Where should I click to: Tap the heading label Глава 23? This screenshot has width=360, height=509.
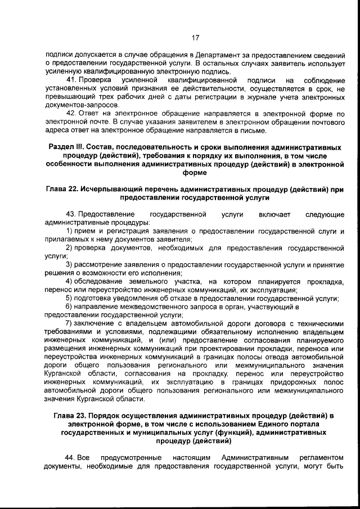pyautogui.click(x=72, y=416)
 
